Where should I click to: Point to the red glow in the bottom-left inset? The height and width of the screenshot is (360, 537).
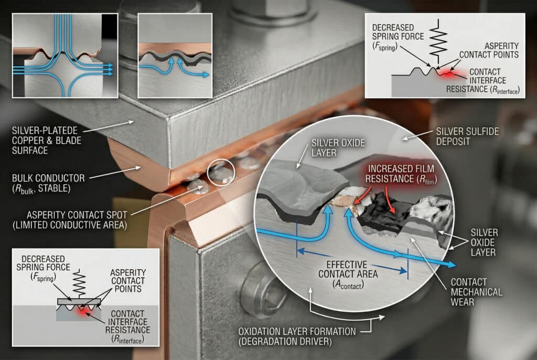click(x=82, y=310)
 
